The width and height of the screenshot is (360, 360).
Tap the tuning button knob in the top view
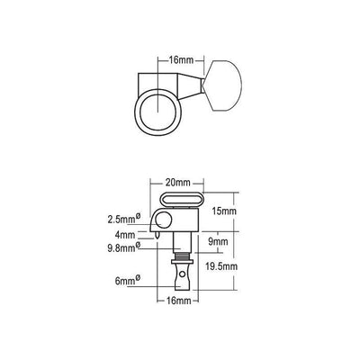click(222, 85)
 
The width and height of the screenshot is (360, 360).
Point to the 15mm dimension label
click(224, 211)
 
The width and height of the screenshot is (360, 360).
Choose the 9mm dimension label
click(218, 241)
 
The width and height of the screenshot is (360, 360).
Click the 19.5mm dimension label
click(220, 266)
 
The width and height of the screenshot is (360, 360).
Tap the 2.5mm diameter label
click(124, 219)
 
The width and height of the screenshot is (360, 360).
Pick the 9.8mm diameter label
click(124, 247)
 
